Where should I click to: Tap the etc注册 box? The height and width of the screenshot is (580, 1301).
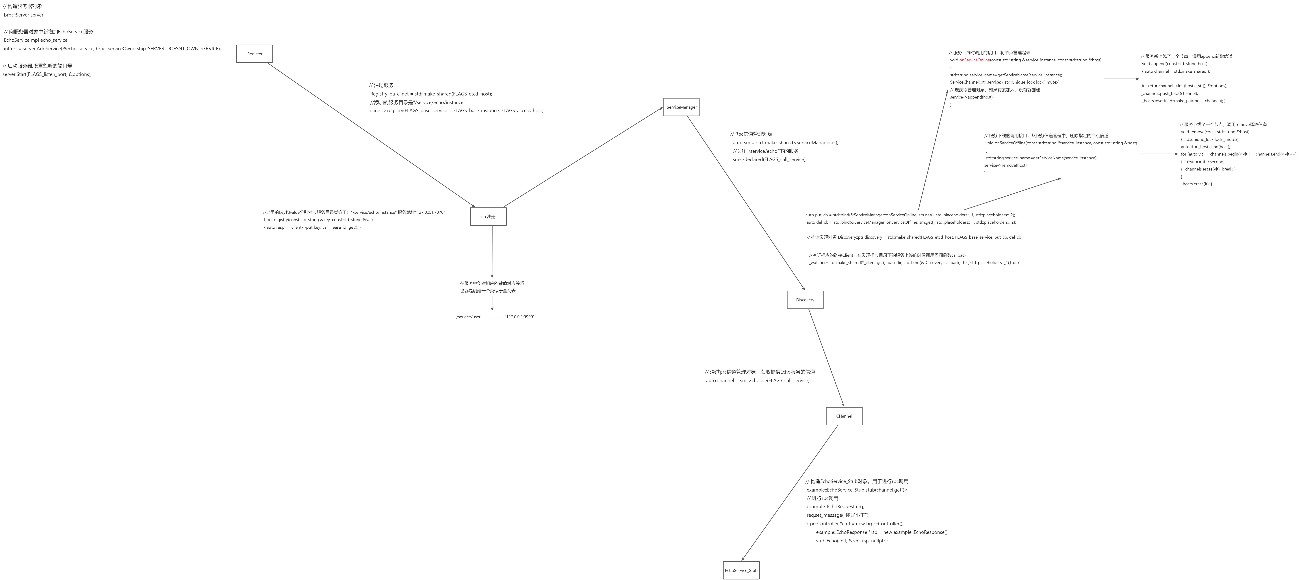coord(488,217)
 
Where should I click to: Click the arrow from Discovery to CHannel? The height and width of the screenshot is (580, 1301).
coord(826,358)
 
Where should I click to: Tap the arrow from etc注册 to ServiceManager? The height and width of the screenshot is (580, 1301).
coord(583,158)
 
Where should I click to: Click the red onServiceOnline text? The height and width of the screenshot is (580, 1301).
coord(974,60)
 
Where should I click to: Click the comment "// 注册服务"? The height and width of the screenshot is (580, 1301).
coord(381,85)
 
